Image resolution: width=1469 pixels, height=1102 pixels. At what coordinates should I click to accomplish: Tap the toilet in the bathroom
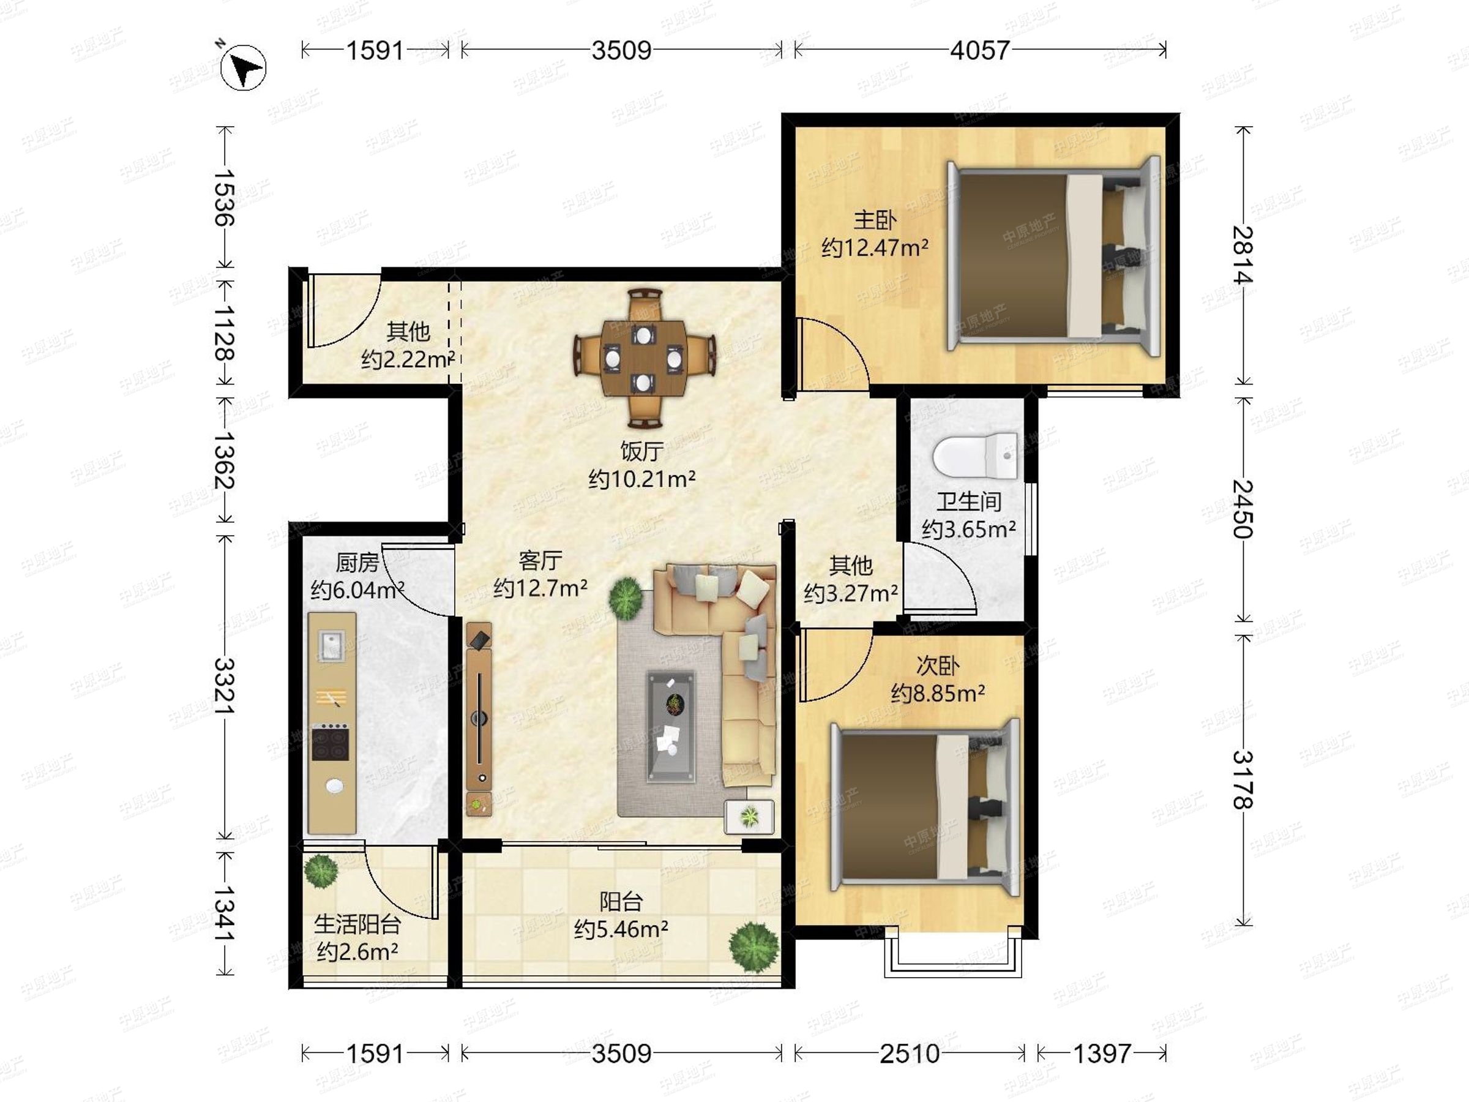975,455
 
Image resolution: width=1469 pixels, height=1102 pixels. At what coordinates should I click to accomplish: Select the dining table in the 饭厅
643,359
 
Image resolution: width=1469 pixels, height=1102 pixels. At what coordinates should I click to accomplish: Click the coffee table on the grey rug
671,725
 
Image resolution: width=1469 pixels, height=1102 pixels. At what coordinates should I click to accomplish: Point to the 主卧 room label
875,220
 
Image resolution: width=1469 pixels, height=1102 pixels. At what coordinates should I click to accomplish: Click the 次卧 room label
938,665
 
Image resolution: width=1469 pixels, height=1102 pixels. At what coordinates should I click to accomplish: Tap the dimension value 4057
979,50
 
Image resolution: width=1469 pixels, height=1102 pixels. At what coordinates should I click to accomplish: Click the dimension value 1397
1102,1054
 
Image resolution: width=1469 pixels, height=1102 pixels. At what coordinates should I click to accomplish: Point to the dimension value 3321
225,686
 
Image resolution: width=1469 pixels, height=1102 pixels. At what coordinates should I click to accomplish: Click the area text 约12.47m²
875,248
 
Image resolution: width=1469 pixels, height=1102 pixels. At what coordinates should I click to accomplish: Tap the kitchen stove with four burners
331,743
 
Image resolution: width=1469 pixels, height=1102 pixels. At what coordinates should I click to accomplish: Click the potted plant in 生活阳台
321,871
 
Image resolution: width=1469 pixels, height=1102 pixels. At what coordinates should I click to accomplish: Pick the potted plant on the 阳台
753,946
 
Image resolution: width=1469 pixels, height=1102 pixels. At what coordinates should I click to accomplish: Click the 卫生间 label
969,501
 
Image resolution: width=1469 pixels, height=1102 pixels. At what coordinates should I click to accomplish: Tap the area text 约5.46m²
621,929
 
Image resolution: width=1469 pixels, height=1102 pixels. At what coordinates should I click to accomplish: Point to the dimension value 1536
225,197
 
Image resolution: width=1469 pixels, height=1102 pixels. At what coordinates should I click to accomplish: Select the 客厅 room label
540,561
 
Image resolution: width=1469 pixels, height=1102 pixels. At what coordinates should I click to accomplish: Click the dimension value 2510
909,1054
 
